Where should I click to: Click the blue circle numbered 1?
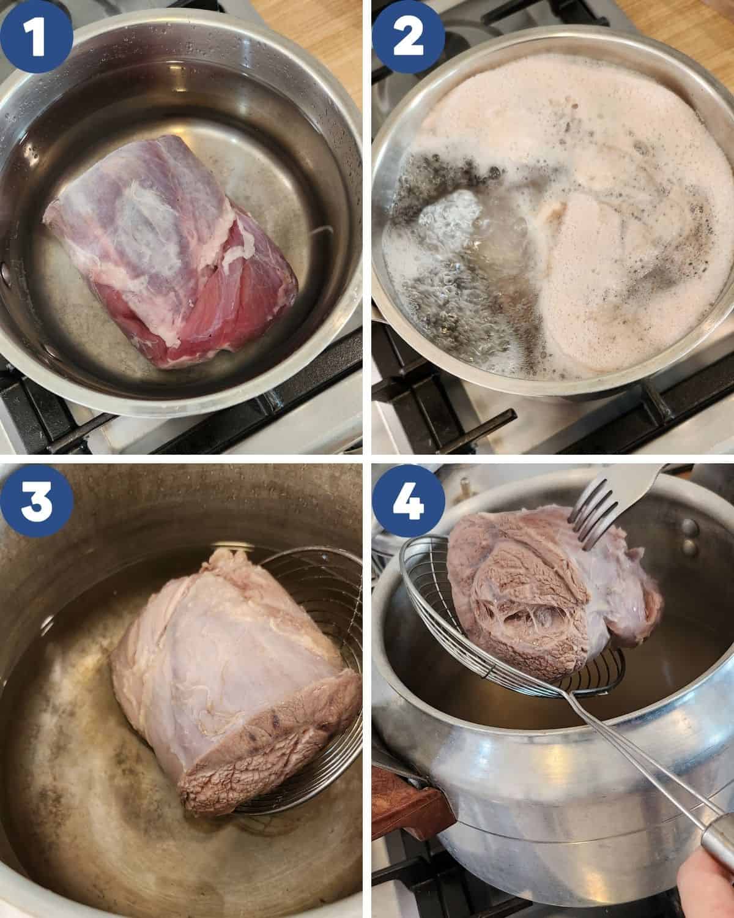point(36,36)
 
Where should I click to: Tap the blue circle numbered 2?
point(408,36)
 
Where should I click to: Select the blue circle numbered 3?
point(36,501)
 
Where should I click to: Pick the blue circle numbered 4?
point(408,501)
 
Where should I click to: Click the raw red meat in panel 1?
point(171,252)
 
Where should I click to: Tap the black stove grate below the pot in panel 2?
point(554,422)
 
